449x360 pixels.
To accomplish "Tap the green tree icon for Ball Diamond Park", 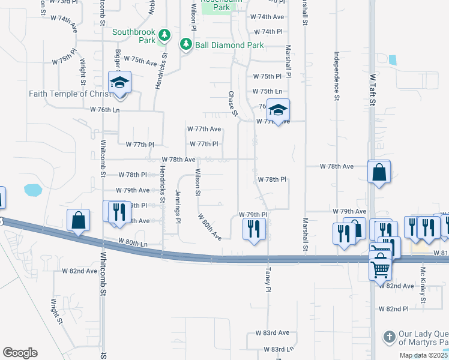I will [x=186, y=44].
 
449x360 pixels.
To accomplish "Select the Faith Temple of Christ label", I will [x=70, y=94].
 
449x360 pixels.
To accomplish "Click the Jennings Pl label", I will [x=178, y=206].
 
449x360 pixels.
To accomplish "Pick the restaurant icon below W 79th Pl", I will [x=254, y=229].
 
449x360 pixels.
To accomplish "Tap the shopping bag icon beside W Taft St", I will [x=379, y=172].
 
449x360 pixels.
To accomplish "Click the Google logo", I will [x=20, y=352].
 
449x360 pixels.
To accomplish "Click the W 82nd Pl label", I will [x=393, y=308].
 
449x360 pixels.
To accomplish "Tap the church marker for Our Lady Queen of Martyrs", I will [x=389, y=336].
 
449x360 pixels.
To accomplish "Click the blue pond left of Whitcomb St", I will [x=33, y=190].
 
